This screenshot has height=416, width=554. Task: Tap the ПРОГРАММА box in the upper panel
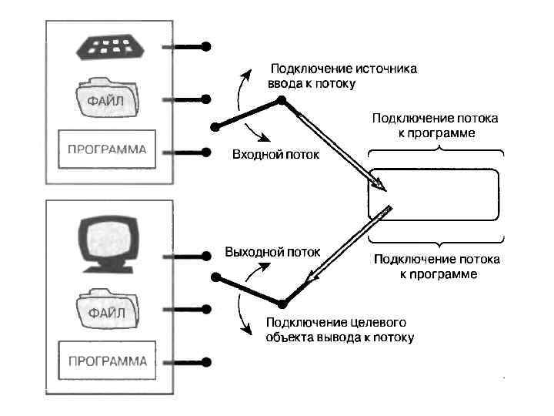point(107,149)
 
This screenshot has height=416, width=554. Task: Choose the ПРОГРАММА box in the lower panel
point(107,361)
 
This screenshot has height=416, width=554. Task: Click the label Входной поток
point(275,156)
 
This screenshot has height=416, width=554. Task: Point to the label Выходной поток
point(272,253)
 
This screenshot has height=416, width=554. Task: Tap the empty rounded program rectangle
point(434,194)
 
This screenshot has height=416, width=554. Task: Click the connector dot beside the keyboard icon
point(206,47)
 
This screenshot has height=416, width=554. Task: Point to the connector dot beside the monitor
point(206,254)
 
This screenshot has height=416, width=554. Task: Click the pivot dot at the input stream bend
point(282,100)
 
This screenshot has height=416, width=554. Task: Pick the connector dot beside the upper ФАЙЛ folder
point(206,99)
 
